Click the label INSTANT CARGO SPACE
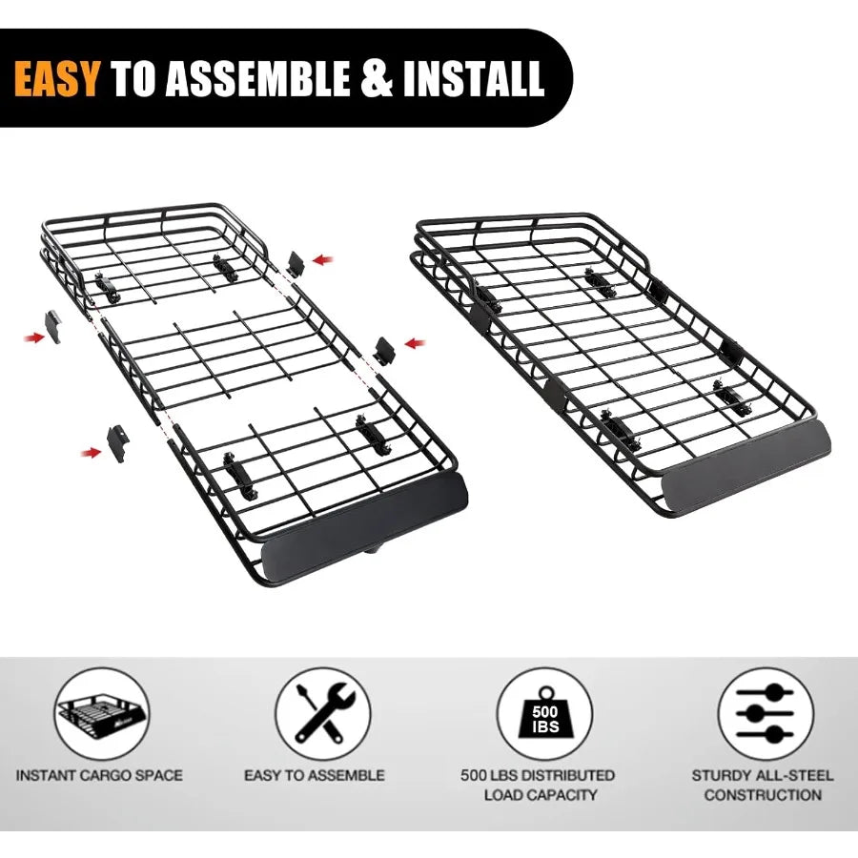point(99,775)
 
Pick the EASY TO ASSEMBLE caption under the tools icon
point(315,775)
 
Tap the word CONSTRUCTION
point(763,794)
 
